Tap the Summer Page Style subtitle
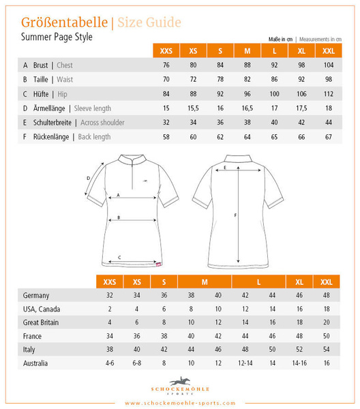[x=57, y=37]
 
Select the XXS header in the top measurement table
[x=166, y=50]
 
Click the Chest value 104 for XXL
[x=329, y=65]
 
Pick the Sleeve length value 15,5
[x=193, y=108]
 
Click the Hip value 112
[x=329, y=94]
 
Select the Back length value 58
[x=166, y=137]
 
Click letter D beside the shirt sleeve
[x=89, y=179]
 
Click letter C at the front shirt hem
[x=120, y=257]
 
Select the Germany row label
[x=36, y=295]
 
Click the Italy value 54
[x=327, y=349]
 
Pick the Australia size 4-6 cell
[x=109, y=363]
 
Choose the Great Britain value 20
[x=327, y=322]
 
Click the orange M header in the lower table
[x=205, y=281]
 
